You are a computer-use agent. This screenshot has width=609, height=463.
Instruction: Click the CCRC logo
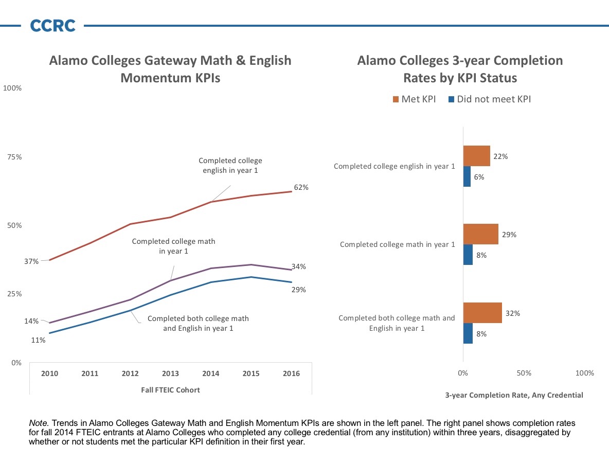click(x=52, y=25)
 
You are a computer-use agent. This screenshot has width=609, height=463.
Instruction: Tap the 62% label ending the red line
click(x=301, y=187)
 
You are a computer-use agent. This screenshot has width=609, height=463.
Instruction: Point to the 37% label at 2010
click(x=31, y=261)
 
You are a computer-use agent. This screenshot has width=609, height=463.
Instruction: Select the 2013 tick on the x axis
click(x=170, y=373)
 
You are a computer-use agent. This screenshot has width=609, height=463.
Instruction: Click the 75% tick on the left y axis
click(x=14, y=157)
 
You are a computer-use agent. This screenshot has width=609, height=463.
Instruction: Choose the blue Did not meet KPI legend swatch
click(x=451, y=99)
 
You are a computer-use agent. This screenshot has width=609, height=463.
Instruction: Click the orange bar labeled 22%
click(x=476, y=156)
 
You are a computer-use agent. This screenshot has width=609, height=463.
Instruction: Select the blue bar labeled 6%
click(x=467, y=176)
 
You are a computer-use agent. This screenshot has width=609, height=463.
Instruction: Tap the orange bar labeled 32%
click(x=482, y=313)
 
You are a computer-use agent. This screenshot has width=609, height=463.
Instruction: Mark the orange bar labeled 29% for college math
click(x=480, y=234)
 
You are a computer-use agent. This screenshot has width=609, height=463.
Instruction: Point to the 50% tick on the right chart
click(x=524, y=373)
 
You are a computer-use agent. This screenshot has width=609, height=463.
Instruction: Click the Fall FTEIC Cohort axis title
click(x=170, y=390)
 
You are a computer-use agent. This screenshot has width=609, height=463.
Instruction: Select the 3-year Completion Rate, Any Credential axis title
click(x=514, y=395)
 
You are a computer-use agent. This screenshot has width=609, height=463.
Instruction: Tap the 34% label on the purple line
click(x=299, y=266)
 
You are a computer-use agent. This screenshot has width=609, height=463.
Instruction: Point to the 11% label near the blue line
click(x=39, y=341)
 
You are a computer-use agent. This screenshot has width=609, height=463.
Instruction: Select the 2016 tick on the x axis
click(x=291, y=373)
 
